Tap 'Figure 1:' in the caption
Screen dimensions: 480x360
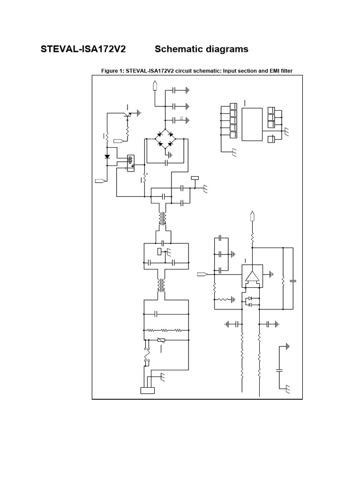[x=114, y=71]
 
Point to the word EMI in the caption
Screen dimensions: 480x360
[x=269, y=71]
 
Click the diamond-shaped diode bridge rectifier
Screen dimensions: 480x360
[x=165, y=139]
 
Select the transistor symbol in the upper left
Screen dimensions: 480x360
[x=127, y=114]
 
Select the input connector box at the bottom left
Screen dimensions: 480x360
[x=147, y=390]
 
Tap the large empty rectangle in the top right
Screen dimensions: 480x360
[x=252, y=124]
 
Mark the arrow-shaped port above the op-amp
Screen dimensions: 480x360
[x=253, y=216]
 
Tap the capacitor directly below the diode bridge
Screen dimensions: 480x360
[x=166, y=163]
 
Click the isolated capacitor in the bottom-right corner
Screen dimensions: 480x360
[x=280, y=370]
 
